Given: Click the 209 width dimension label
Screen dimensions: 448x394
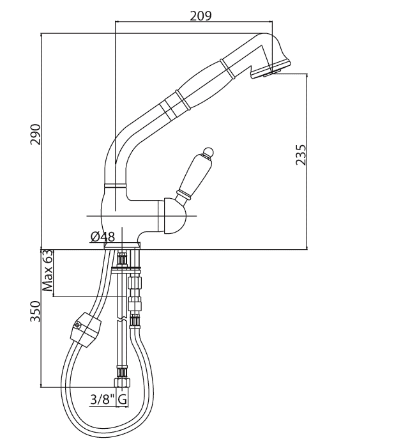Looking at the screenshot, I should [201, 15].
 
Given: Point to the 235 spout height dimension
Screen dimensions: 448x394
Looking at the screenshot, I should [301, 155].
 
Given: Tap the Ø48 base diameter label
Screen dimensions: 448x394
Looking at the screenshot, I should [103, 237].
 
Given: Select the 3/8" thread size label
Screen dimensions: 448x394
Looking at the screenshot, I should [102, 400].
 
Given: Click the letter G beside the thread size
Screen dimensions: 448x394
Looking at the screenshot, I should [123, 400].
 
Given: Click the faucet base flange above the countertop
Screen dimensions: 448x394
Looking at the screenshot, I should [121, 245].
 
